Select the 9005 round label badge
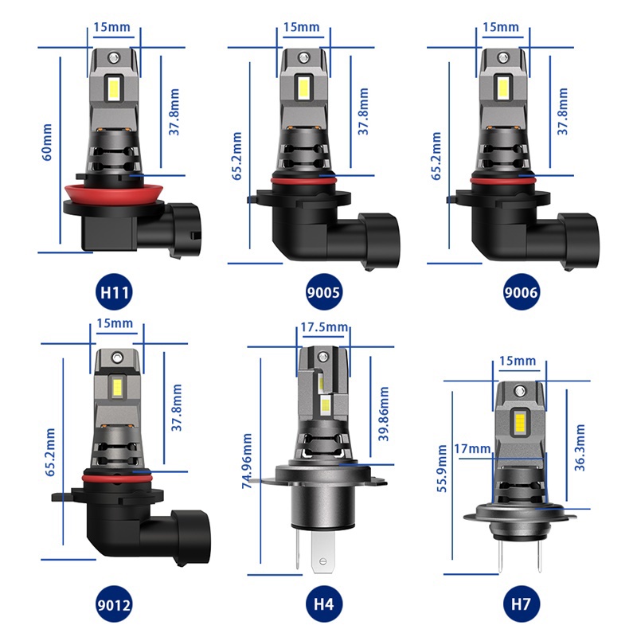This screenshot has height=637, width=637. (323, 291)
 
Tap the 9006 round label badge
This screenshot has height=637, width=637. (522, 292)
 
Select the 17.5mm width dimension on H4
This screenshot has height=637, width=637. (324, 327)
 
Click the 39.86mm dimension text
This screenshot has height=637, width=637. (384, 414)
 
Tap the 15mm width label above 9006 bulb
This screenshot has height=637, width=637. (500, 27)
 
